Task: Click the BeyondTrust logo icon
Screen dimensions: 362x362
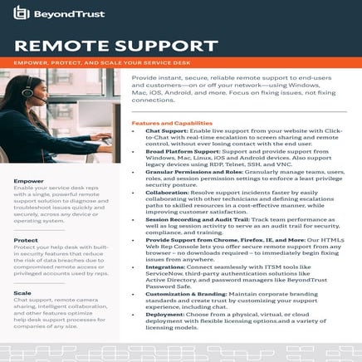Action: pos(22,13)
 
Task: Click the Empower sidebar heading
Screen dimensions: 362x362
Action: pos(28,180)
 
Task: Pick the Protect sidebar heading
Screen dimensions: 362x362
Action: pos(26,240)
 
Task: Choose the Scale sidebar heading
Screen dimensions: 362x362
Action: pos(23,293)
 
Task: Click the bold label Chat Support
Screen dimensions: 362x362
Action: pos(165,131)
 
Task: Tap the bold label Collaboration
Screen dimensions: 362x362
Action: pos(168,192)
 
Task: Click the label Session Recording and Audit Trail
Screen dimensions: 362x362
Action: pos(193,218)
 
